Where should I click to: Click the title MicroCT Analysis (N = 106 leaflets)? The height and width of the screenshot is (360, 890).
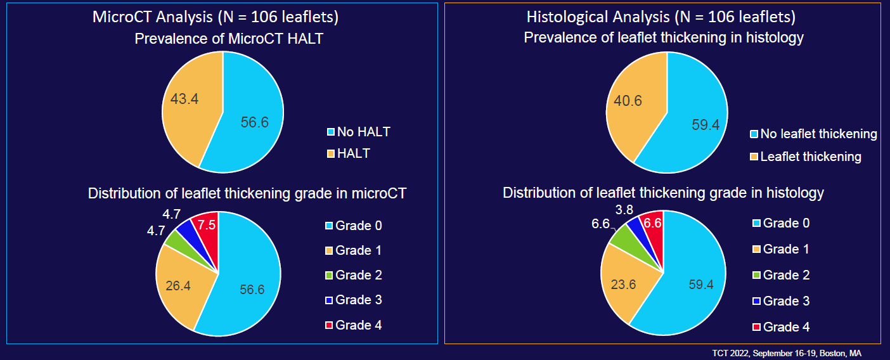[x=216, y=16]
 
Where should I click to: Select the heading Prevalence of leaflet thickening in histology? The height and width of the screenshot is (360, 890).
[x=664, y=38]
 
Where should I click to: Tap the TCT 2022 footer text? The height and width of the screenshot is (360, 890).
[x=785, y=353]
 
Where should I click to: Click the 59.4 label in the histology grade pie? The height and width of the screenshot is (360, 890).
[x=701, y=285]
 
